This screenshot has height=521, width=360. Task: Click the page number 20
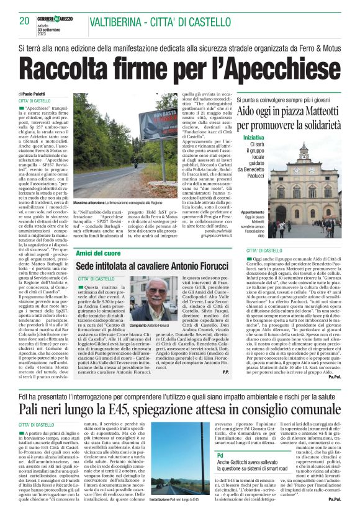pos(25,21)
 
